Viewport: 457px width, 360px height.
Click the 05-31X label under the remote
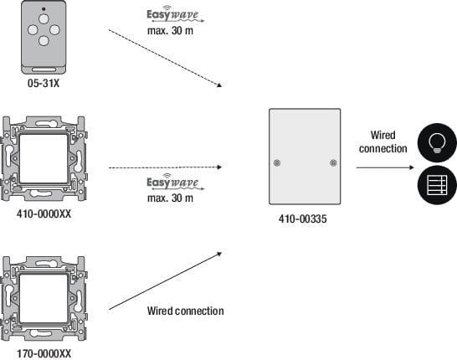point(44,84)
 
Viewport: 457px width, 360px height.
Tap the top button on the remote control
point(44,19)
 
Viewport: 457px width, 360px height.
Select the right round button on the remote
point(54,30)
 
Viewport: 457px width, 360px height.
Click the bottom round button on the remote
point(44,41)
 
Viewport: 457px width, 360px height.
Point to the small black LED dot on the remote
point(44,9)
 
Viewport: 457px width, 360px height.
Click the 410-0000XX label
point(44,214)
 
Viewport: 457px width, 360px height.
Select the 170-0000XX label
point(44,353)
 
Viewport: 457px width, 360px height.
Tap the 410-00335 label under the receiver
point(302,219)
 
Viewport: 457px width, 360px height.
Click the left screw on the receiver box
point(277,163)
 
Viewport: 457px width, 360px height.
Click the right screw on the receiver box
point(333,163)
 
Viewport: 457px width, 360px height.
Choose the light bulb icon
point(437,143)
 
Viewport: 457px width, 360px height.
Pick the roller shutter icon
point(437,185)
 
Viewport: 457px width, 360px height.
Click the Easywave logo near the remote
point(175,14)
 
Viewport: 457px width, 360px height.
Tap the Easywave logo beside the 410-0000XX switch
point(175,182)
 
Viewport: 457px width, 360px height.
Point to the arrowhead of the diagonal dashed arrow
point(219,85)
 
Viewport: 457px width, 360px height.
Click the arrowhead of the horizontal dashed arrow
point(220,167)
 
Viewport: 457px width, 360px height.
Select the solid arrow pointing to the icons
point(385,167)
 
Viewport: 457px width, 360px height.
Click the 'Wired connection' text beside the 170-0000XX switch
point(185,311)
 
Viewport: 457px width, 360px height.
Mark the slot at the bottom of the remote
point(44,69)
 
